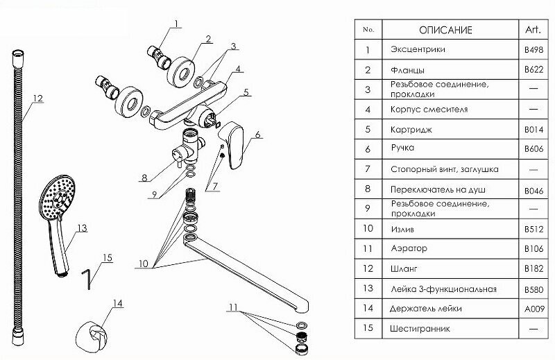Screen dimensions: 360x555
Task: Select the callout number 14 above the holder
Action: (117, 303)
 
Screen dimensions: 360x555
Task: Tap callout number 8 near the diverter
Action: (144, 178)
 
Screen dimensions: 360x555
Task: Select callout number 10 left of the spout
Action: (143, 263)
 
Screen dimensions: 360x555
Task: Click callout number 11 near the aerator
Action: (234, 306)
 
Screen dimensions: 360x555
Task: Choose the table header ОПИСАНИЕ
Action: (445, 30)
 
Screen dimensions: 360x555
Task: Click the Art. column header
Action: (533, 30)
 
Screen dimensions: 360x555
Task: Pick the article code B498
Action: (533, 50)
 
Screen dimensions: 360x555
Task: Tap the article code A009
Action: (533, 308)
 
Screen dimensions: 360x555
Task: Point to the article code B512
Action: (533, 228)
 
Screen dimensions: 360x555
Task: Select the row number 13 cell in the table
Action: (368, 288)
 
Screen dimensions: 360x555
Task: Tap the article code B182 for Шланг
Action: (533, 268)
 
